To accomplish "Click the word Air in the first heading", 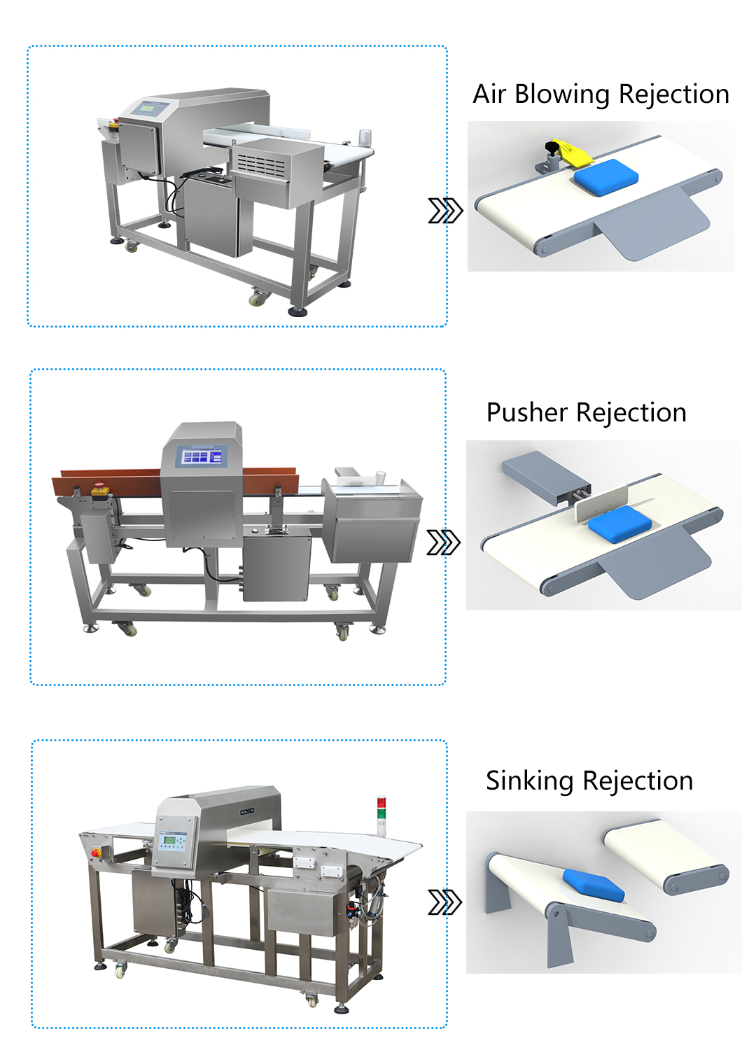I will tap(489, 94).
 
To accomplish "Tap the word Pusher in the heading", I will tap(526, 413).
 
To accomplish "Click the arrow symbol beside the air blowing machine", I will tap(445, 210).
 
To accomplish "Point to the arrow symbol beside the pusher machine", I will tap(444, 542).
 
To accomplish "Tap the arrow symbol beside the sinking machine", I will tap(445, 902).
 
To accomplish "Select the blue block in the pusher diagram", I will tap(619, 524).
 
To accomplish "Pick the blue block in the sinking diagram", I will tap(593, 885).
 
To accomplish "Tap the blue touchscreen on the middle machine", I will tap(202, 457).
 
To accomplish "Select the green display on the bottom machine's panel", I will tap(169, 840).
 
